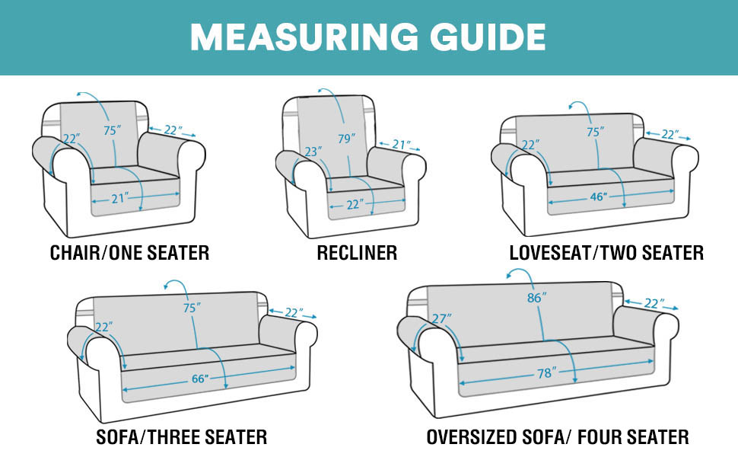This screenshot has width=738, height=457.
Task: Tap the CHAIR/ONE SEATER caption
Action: [129, 253]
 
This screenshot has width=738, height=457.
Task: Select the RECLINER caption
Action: [357, 253]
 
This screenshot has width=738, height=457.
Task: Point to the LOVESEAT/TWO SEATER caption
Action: [606, 253]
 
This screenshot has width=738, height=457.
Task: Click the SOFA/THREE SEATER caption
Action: [181, 437]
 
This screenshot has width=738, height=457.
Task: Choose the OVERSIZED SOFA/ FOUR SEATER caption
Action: [558, 437]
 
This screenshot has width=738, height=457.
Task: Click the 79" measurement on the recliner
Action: [347, 139]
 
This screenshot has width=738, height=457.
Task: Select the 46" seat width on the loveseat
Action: [599, 197]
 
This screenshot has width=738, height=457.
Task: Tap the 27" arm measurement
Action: [441, 318]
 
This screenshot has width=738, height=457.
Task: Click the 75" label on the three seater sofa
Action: [192, 308]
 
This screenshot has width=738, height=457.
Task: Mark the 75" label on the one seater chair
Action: [113, 130]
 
